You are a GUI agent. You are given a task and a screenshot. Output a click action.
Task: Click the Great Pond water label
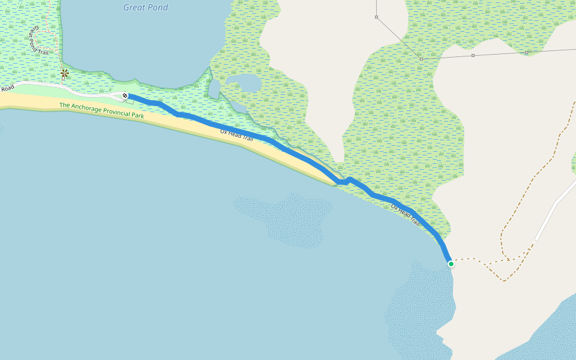(x=146, y=8)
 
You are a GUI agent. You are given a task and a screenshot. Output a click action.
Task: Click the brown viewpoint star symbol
(x=64, y=74)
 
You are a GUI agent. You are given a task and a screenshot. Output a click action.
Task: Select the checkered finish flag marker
(x=125, y=95)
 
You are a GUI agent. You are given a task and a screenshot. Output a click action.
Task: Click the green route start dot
(x=451, y=263)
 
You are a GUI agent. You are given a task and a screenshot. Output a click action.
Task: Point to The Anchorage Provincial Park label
(x=101, y=110)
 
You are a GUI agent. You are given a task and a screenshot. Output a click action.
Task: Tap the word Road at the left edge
(x=7, y=89)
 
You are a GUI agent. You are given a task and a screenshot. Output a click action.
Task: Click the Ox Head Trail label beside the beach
(x=236, y=136)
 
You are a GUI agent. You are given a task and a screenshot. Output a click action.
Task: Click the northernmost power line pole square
(x=376, y=17)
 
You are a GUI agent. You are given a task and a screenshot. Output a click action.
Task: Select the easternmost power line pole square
(x=526, y=53)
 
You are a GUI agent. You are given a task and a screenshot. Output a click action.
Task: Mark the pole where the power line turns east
(x=421, y=59)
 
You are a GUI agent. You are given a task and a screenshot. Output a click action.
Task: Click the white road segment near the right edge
(x=555, y=207)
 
